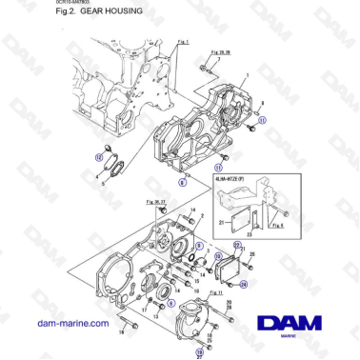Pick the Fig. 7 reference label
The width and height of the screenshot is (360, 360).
(x=184, y=43)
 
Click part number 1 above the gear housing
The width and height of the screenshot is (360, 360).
(x=246, y=75)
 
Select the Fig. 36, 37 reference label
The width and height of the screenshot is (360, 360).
(x=155, y=203)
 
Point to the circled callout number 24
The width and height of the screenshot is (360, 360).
(x=244, y=283)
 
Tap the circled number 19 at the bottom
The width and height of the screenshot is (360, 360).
(x=199, y=350)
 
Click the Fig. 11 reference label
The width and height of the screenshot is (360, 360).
(x=216, y=292)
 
